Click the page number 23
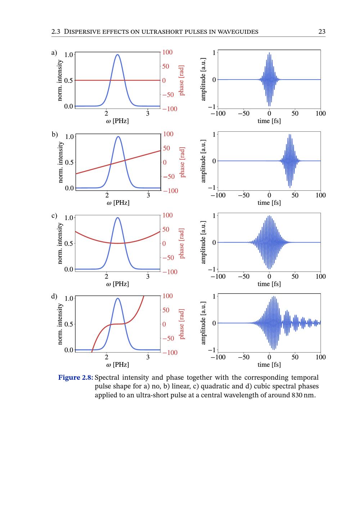click(x=322, y=32)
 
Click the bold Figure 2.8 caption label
click(x=76, y=378)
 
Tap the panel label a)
click(x=54, y=53)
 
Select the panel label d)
click(x=54, y=297)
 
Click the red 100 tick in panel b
click(x=168, y=134)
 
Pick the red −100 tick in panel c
click(x=170, y=272)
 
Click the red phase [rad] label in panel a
click(x=181, y=80)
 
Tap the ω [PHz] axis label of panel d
click(x=117, y=365)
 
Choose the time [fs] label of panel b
click(x=269, y=203)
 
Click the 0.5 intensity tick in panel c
click(x=68, y=243)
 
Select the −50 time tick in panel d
click(x=244, y=357)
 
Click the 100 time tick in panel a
click(x=320, y=113)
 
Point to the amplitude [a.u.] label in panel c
click(x=203, y=242)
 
